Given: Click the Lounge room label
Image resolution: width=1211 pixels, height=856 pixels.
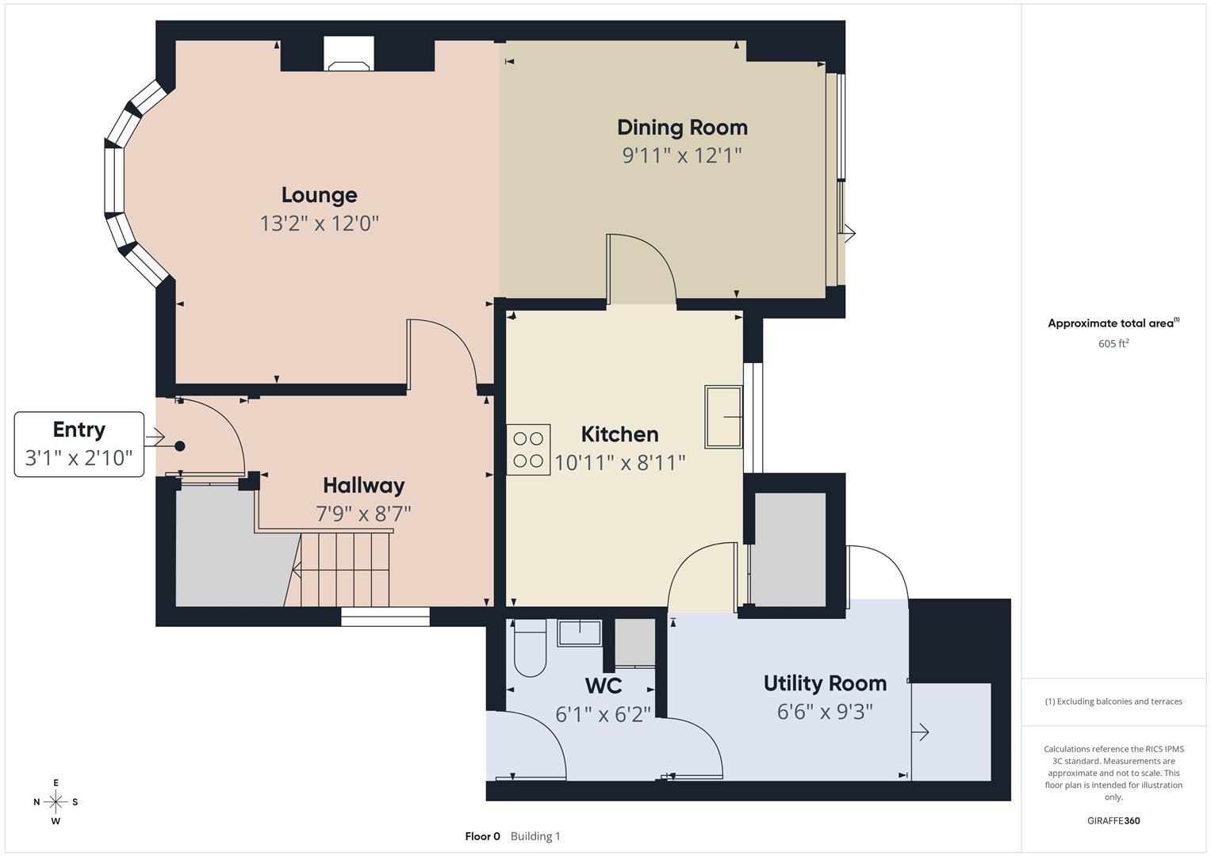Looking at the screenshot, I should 319,195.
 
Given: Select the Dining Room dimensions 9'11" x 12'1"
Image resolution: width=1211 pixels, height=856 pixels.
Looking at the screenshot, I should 681,155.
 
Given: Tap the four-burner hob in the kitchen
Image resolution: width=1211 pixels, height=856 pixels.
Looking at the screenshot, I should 528,449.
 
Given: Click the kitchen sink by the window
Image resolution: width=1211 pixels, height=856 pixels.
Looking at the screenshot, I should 723,416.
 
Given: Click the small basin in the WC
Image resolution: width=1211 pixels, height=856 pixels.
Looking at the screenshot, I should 580,632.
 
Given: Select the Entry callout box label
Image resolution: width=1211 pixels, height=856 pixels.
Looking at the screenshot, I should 79,430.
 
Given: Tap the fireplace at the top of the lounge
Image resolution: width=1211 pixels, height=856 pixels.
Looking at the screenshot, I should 349,55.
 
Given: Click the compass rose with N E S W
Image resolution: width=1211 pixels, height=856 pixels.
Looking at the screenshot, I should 56,802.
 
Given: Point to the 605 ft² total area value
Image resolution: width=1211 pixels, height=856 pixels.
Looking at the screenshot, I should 1113,344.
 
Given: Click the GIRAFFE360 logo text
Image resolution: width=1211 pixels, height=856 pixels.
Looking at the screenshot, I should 1113,821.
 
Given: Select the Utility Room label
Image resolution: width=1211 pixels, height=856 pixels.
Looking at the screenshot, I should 825,683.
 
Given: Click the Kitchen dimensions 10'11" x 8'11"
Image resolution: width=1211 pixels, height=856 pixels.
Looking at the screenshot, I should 619,463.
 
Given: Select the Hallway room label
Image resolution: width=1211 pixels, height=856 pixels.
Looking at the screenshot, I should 363,486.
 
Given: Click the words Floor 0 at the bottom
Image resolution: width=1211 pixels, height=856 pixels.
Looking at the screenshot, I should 482,836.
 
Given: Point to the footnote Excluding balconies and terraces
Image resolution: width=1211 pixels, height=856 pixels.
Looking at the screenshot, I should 1113,701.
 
